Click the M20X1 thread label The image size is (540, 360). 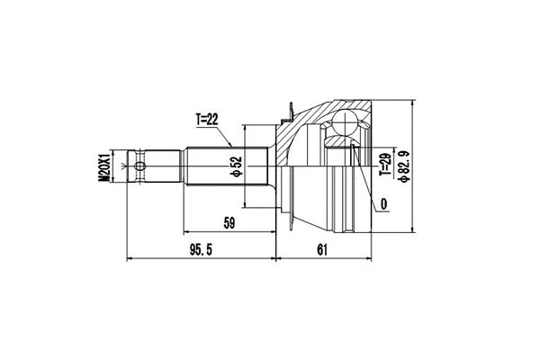[x=104, y=167]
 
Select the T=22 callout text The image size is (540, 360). [x=207, y=118]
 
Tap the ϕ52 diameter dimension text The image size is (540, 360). [x=235, y=166]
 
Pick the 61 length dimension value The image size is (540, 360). [x=322, y=250]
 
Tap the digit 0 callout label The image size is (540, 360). [x=384, y=204]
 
